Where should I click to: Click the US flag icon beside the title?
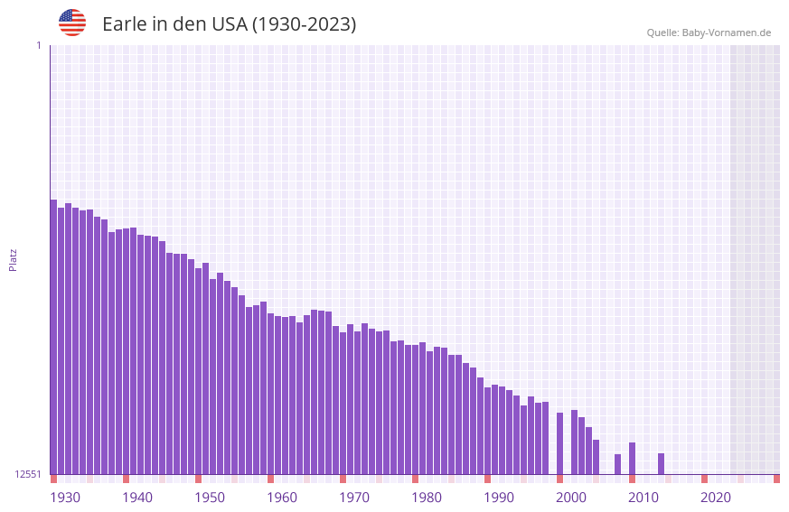click(x=72, y=23)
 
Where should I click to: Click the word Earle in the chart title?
click(x=124, y=24)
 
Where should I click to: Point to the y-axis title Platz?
click(x=13, y=259)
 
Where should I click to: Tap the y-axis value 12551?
click(x=28, y=474)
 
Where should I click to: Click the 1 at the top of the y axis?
click(x=38, y=45)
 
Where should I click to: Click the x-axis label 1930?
click(x=65, y=498)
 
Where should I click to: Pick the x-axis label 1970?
click(x=354, y=498)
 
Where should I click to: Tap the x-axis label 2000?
click(x=571, y=498)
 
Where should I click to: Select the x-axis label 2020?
click(x=716, y=498)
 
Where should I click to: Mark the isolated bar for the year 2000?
click(x=559, y=443)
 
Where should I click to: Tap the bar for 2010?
click(x=632, y=459)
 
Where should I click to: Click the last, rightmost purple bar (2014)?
click(x=661, y=464)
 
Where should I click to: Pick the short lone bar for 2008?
click(x=617, y=464)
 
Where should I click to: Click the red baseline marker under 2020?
click(x=704, y=479)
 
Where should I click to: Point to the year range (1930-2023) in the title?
click(x=304, y=24)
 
